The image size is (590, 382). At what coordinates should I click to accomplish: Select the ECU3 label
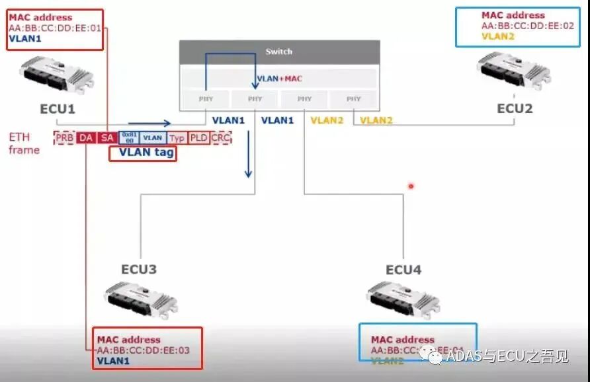tap(139, 270)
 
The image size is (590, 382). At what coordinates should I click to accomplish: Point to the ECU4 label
tap(403, 270)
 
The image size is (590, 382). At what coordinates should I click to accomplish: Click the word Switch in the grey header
tap(278, 52)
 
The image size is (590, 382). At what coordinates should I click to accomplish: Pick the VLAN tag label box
tap(143, 153)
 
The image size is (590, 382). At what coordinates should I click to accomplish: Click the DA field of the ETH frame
tap(86, 137)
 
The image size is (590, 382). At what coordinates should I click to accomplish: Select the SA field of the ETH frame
tap(106, 137)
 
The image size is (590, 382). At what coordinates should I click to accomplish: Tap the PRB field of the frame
tap(65, 137)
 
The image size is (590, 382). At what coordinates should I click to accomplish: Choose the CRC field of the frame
tap(220, 137)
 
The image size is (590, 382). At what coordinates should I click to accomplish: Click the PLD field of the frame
tap(198, 137)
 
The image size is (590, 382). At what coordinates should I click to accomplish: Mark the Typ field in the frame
tap(177, 137)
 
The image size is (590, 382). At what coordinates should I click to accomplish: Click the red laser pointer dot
tap(411, 186)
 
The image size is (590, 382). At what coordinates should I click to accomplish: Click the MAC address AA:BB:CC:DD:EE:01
tap(55, 28)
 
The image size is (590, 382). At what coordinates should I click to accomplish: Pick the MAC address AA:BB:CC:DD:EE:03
tap(143, 350)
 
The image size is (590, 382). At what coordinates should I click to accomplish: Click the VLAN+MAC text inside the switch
tap(279, 79)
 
